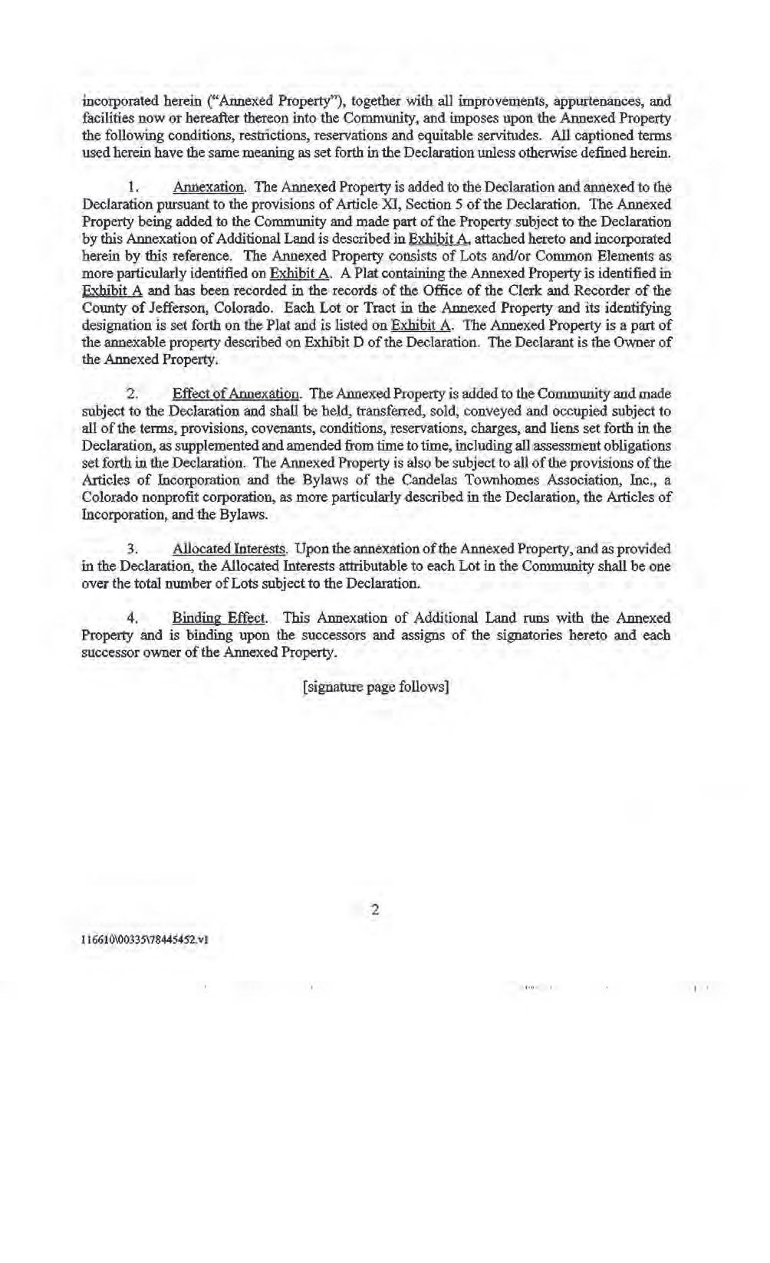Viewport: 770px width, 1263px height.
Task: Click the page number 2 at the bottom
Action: [375, 910]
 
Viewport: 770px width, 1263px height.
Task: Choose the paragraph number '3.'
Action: [133, 549]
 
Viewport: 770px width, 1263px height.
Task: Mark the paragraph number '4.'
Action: [133, 618]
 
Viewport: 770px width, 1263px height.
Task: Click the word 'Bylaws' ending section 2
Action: [246, 514]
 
